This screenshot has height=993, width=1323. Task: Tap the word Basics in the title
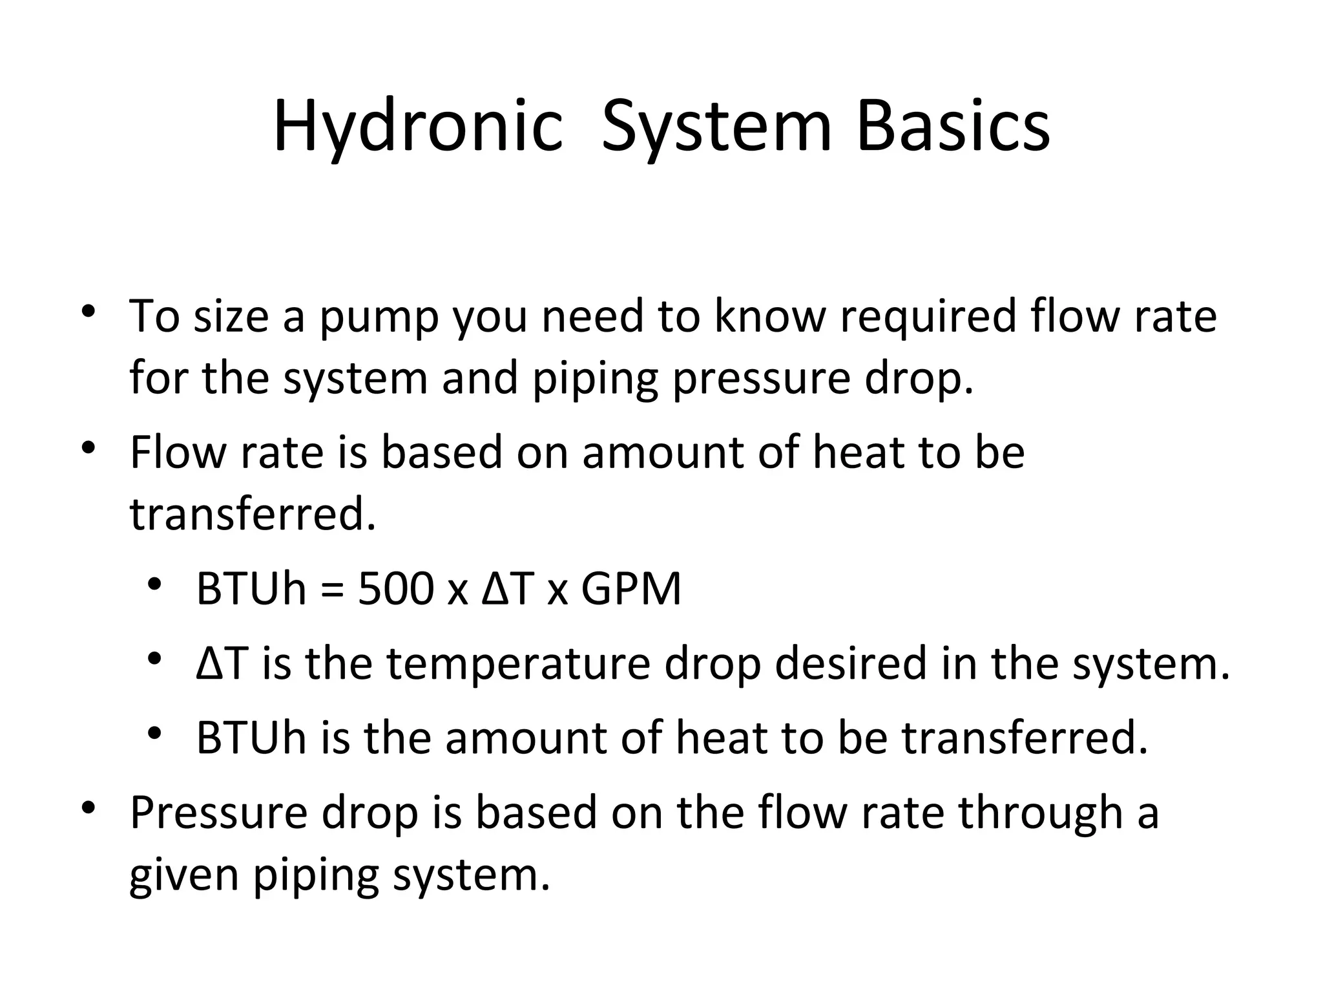click(x=953, y=126)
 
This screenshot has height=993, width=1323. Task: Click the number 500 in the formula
click(x=395, y=589)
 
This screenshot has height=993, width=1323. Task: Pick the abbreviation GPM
click(x=631, y=589)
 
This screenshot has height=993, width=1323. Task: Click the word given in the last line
click(x=183, y=876)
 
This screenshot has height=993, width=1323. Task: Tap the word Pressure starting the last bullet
click(x=218, y=813)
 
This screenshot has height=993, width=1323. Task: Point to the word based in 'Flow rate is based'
click(x=441, y=452)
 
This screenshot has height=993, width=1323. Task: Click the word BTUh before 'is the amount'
click(x=251, y=738)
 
